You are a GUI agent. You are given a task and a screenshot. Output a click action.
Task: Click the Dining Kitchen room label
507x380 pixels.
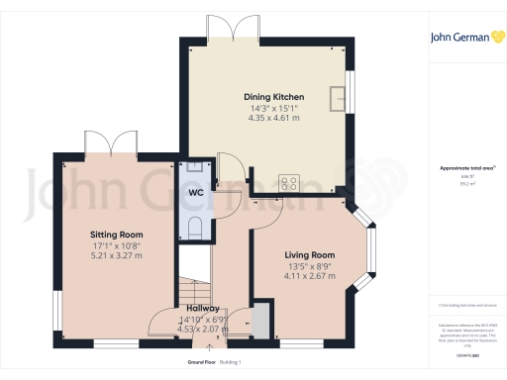264,96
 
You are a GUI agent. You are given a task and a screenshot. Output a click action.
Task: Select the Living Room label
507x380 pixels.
310,254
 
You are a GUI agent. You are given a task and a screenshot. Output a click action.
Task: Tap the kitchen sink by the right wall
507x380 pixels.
340,95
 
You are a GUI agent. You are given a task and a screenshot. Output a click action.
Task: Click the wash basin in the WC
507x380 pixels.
192,167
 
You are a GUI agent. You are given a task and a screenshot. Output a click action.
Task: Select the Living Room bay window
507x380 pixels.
372,244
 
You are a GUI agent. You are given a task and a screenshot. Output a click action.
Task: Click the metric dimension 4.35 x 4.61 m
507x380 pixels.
264,118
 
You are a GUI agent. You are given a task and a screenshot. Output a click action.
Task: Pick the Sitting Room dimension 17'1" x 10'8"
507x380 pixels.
118,245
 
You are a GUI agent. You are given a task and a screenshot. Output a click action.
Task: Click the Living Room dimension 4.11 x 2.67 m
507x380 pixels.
310,276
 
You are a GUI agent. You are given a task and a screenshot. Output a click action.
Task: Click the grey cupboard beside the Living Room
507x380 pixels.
260,322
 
